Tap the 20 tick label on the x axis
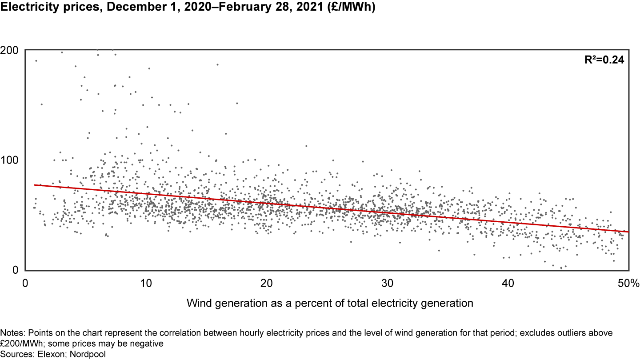[266, 283]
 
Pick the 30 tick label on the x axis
[387, 283]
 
